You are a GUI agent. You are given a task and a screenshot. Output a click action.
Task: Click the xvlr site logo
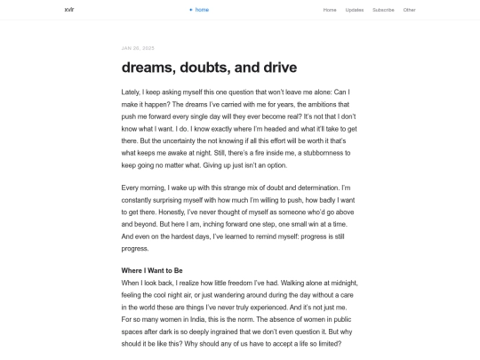tap(69, 10)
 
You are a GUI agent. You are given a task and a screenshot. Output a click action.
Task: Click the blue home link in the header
tap(202, 10)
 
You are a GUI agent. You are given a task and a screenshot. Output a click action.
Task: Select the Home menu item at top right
tap(330, 10)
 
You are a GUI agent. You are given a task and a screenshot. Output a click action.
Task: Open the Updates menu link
tap(355, 10)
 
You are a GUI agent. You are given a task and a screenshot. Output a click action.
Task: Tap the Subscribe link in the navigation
tap(383, 10)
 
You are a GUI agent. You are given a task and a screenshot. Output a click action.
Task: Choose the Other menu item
tap(409, 10)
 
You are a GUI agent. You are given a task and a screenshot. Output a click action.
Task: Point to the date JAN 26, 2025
tap(138, 47)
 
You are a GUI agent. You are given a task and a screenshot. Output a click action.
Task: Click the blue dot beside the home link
tap(190, 10)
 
